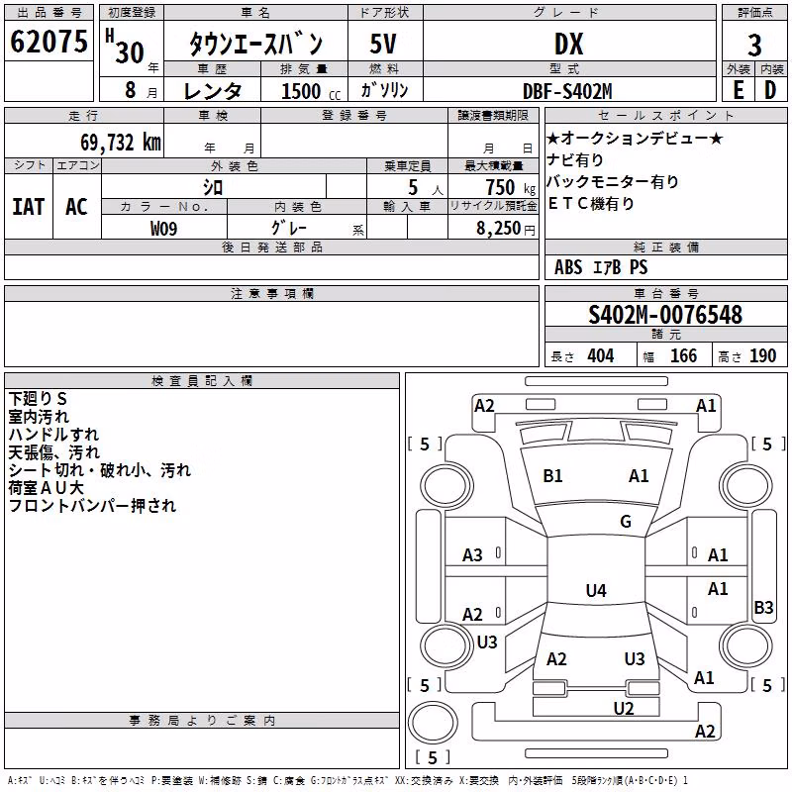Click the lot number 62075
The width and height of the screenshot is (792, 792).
[49, 41]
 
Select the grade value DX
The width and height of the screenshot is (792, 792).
[568, 44]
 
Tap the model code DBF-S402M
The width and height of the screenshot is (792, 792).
[567, 91]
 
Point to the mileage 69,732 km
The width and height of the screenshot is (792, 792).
[121, 143]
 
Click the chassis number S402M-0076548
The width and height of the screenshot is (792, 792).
[665, 315]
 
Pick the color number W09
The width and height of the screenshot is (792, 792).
[163, 229]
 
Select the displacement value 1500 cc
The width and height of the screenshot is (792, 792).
[311, 91]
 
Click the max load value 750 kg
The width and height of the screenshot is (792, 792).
[511, 188]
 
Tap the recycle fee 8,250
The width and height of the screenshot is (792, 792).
[499, 229]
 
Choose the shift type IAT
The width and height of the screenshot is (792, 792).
[29, 207]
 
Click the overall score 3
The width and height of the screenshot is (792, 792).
[754, 46]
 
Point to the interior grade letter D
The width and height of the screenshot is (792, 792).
[770, 90]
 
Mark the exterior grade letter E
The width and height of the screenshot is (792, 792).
[739, 90]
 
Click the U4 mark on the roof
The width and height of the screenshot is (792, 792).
[596, 590]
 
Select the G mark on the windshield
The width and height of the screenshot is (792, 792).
[626, 521]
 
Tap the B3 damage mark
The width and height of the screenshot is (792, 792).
[763, 607]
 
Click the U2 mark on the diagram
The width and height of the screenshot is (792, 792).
[624, 708]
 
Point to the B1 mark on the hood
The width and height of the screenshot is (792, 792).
[552, 476]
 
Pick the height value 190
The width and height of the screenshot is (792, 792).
[762, 356]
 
